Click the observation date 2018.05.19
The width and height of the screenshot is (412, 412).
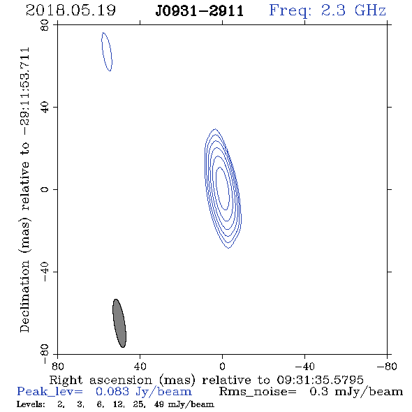71,10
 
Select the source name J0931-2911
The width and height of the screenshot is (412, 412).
200,11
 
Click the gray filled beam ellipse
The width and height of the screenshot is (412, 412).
119,323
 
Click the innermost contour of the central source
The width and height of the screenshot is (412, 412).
223,189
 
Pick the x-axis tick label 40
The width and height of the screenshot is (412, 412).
140,367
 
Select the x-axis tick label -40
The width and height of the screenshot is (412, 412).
304,367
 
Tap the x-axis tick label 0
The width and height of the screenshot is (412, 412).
222,367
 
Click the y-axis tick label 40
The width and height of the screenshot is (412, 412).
45,108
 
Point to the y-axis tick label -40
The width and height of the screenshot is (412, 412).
45,272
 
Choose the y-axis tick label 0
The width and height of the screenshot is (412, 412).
45,189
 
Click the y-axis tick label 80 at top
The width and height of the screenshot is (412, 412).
45,25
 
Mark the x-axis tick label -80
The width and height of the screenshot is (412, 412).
387,367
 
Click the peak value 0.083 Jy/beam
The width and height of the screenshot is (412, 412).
144,392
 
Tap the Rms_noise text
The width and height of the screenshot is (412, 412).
258,392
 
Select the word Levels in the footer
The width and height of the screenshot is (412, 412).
31,404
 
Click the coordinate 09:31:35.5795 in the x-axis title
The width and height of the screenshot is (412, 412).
320,380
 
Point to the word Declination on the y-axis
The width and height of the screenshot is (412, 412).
24,296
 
